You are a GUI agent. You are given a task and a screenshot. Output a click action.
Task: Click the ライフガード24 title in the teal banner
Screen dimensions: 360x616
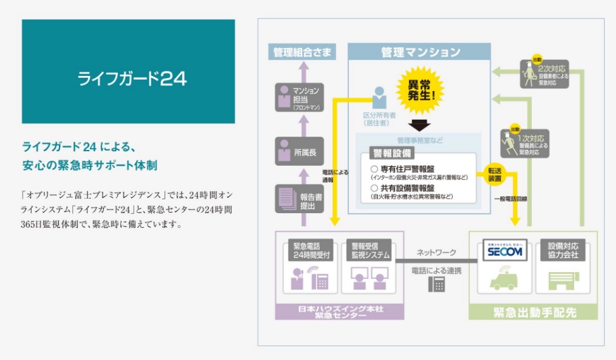pos(132,78)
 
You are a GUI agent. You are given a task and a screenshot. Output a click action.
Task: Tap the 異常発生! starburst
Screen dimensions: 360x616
pos(420,90)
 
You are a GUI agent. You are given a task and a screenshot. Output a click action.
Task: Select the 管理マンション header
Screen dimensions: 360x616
pos(420,53)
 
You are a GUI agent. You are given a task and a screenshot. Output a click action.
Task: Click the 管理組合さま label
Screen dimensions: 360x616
pos(302,53)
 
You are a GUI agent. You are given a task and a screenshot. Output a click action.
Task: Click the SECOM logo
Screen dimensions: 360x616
pos(504,252)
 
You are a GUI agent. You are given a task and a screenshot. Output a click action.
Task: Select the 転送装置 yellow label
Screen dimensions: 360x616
pos(494,175)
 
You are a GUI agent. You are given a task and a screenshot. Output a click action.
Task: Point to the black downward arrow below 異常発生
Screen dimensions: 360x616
pos(419,125)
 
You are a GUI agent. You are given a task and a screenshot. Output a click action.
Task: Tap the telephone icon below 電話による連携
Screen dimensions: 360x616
pos(436,285)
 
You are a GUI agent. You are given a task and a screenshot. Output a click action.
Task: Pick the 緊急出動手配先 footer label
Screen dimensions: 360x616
pos(532,312)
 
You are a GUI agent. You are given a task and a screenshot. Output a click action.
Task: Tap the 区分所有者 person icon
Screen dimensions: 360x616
pos(379,98)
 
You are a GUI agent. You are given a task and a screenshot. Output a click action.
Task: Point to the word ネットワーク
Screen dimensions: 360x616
pos(436,252)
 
